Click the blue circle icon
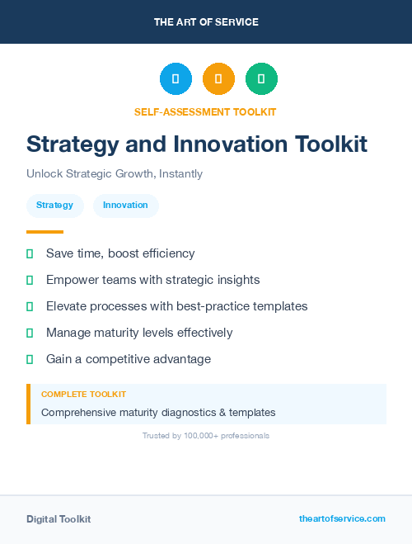tap(176, 78)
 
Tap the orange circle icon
tap(218, 78)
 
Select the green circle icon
tap(261, 78)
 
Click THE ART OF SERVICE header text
tap(206, 22)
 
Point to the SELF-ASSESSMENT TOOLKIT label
tap(206, 111)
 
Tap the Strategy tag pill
tap(54, 206)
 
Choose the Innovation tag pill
tap(125, 206)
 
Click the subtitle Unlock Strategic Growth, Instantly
tap(115, 174)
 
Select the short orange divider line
tap(44, 232)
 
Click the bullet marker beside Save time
tap(30, 253)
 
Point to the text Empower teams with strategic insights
tap(152, 280)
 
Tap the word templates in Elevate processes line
tap(277, 306)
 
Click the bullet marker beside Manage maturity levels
tap(30, 333)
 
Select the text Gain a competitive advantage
tap(129, 359)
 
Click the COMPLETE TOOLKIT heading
tap(83, 395)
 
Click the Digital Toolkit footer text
tap(59, 519)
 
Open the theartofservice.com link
tap(342, 518)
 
